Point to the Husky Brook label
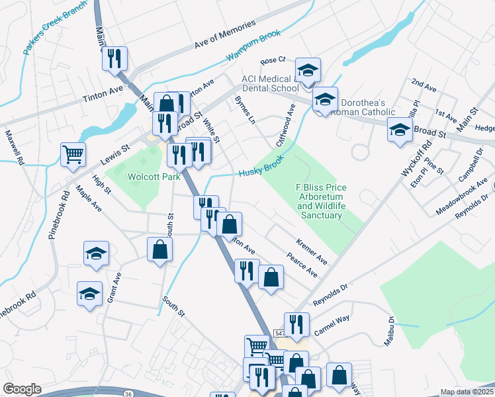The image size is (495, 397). coord(261,167)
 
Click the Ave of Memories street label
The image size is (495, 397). coord(225,35)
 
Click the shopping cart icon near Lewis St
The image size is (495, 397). coord(73,154)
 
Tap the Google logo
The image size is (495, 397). coord(22,388)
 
